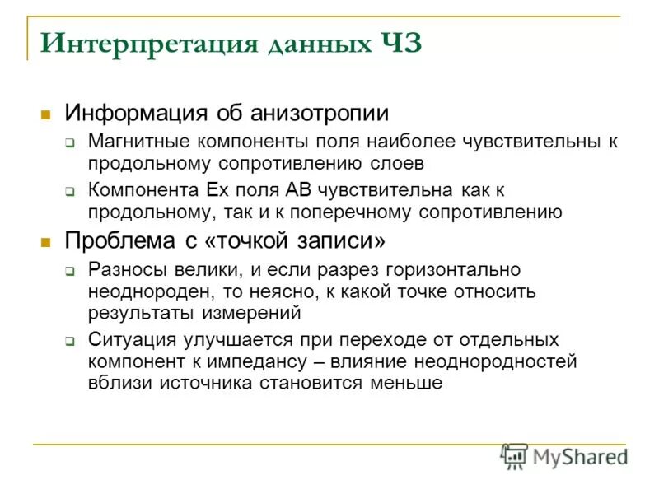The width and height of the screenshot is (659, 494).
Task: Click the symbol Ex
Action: [217, 191]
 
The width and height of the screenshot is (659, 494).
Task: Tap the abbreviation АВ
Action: [299, 191]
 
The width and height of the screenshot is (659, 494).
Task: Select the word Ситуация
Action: [132, 340]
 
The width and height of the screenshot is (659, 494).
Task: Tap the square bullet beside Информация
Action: [47, 114]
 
